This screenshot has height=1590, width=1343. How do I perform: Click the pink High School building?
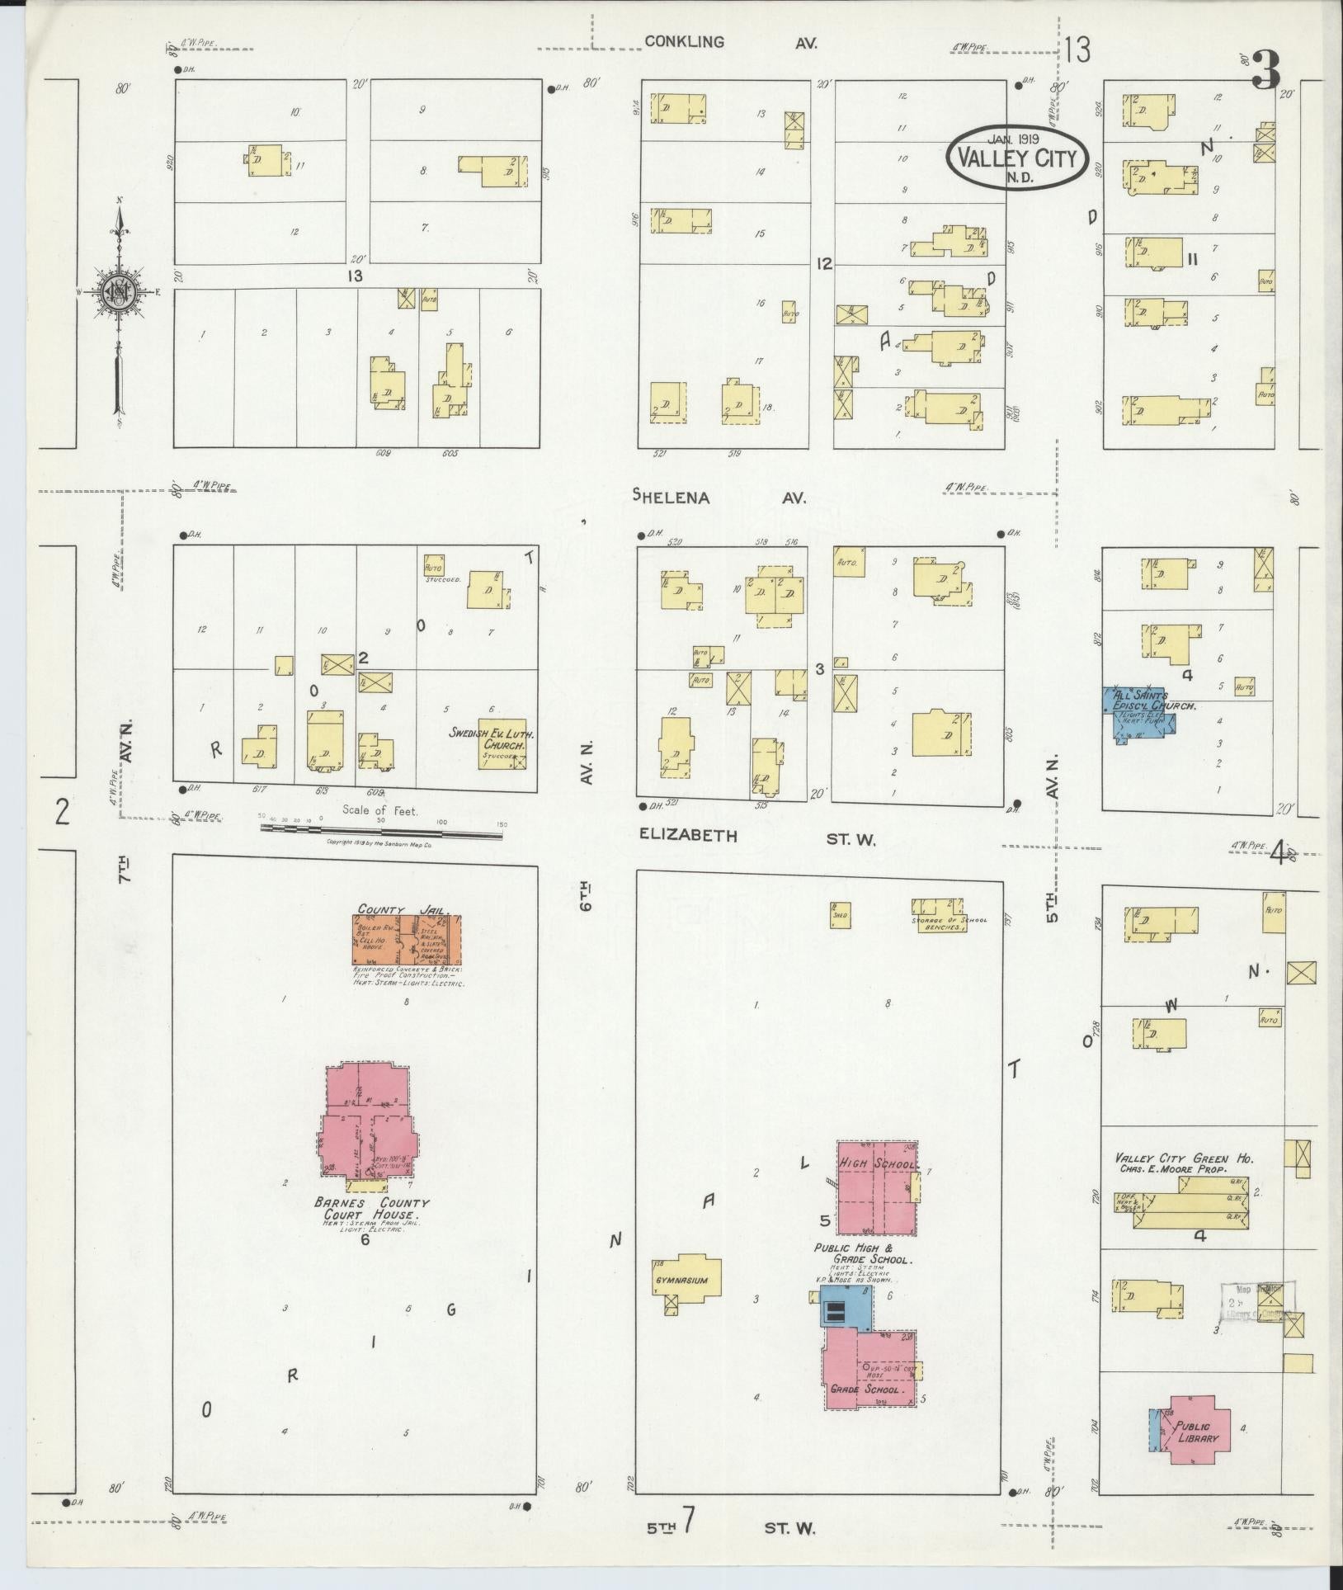(x=877, y=1185)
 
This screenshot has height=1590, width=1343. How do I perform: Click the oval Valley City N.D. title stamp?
(x=1016, y=157)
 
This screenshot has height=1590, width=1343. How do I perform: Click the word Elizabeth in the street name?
(x=688, y=836)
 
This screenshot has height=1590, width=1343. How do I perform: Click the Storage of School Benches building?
(x=938, y=915)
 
